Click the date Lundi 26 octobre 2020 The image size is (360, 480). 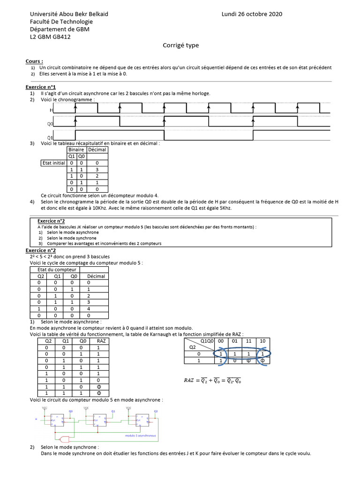252,14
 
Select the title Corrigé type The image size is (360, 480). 180,45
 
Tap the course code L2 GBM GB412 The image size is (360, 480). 50,37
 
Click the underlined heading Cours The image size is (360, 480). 34,61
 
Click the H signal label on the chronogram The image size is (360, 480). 51,110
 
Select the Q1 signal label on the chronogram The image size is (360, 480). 50,137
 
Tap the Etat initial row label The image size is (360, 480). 52,163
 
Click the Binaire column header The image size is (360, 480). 76,150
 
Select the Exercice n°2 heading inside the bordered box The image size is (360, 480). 51,221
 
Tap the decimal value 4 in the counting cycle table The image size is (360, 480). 89,309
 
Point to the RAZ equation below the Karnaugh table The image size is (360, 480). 212,381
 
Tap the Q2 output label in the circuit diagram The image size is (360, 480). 156,411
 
